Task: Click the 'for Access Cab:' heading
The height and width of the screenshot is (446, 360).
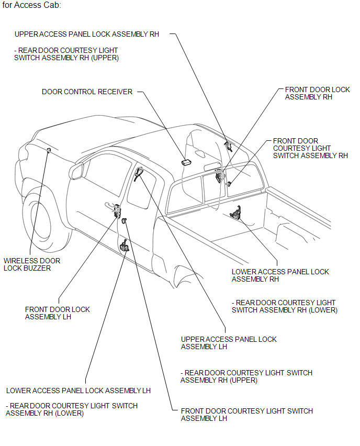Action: point(31,5)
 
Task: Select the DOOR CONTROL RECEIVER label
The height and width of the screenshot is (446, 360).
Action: point(87,92)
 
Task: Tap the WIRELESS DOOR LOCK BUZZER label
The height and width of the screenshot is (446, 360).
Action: point(32,264)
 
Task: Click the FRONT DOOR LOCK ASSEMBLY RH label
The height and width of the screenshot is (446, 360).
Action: point(317,93)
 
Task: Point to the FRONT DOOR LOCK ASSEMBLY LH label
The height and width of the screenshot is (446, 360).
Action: point(58,313)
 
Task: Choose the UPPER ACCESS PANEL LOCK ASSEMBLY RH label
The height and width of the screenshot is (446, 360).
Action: point(87,34)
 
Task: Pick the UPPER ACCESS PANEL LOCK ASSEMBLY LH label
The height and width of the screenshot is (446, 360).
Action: point(229,343)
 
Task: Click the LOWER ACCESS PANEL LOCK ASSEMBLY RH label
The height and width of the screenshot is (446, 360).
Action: point(280,275)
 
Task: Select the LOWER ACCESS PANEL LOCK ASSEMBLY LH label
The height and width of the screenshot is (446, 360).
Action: point(78,391)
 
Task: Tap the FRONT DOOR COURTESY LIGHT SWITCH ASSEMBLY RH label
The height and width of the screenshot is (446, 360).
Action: point(310,148)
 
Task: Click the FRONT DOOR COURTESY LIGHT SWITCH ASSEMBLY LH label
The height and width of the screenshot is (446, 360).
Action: point(247,415)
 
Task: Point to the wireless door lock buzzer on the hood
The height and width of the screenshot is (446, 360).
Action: point(48,151)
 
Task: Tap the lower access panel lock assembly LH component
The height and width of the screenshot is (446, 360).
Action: point(125,244)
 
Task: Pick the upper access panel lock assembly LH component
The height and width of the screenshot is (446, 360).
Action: point(139,173)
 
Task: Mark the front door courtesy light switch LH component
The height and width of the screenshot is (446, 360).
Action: point(124,222)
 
